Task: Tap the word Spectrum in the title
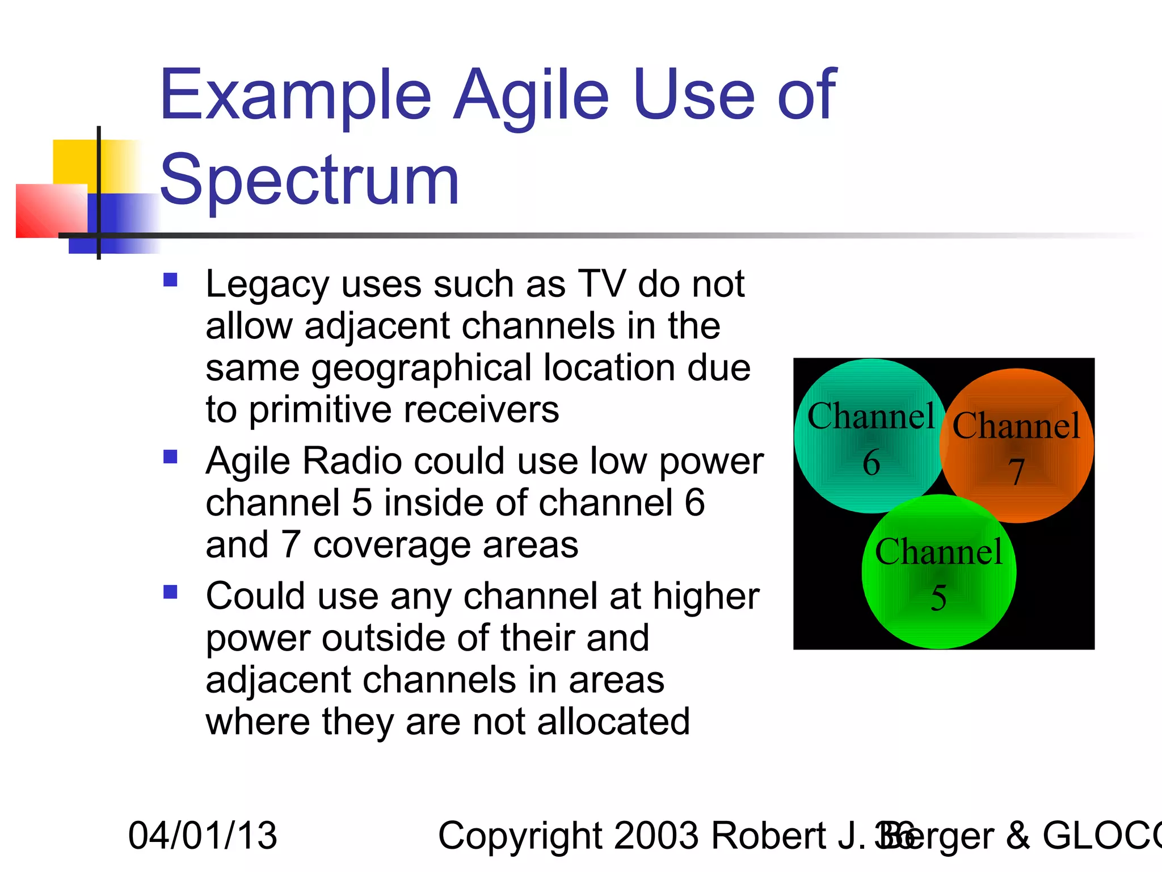click(x=309, y=181)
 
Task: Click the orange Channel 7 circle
click(x=1050, y=488)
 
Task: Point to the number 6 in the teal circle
click(x=871, y=462)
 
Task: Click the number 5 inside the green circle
click(x=938, y=598)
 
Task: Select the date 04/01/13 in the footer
click(x=203, y=836)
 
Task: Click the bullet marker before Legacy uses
click(x=170, y=280)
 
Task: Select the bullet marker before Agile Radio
click(x=170, y=457)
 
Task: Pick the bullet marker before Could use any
click(x=170, y=592)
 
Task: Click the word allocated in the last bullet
click(x=613, y=722)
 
